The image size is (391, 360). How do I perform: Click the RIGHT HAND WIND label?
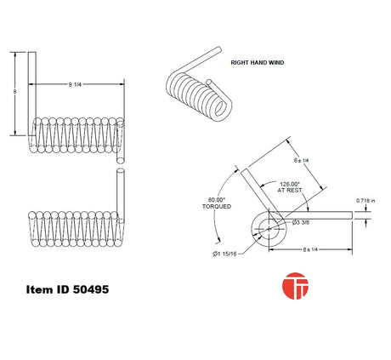coord(258,63)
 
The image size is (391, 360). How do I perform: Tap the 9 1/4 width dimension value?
coord(75,84)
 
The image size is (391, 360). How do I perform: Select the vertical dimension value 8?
coord(14,92)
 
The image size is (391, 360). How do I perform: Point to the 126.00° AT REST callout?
coord(290,187)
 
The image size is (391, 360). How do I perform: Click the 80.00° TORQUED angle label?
coord(217,203)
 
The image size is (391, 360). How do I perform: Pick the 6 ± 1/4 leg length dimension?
coord(301,160)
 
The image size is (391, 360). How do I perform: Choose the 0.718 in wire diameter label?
coord(365,201)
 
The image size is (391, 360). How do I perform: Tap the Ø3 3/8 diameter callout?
coord(301,222)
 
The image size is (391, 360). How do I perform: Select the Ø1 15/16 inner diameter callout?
coord(224,254)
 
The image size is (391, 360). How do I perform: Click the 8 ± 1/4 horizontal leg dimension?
coord(310,249)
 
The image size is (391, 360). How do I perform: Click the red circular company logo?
coord(295,286)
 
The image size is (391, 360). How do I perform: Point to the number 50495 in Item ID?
coord(91,289)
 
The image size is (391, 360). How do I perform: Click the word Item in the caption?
coord(39,289)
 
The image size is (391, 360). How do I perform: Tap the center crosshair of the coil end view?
coord(269,228)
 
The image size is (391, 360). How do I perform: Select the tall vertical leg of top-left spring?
coord(31,94)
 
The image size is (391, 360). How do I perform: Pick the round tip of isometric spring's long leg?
coord(219,49)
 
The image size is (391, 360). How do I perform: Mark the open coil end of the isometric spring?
coord(221,109)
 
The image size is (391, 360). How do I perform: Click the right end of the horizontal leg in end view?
coord(352,215)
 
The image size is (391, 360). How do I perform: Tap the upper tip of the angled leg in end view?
coord(244,170)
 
